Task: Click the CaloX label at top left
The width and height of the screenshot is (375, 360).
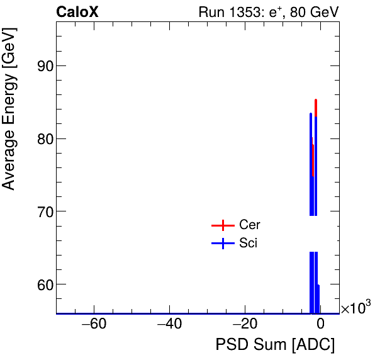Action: [x=77, y=12]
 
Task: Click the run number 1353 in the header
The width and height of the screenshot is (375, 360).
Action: [x=254, y=12]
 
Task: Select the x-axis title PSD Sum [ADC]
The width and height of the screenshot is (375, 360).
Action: [x=275, y=345]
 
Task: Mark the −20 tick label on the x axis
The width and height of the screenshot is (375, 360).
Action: [x=244, y=325]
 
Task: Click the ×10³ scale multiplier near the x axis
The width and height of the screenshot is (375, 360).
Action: [x=355, y=308]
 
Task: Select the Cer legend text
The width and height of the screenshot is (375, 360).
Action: [x=249, y=225]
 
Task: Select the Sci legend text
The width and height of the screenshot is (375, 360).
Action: [x=248, y=244]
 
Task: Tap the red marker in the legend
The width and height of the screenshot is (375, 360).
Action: [x=222, y=225]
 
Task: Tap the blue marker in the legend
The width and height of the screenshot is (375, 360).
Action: [x=222, y=244]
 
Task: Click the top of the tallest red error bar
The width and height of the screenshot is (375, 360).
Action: [x=316, y=99]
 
